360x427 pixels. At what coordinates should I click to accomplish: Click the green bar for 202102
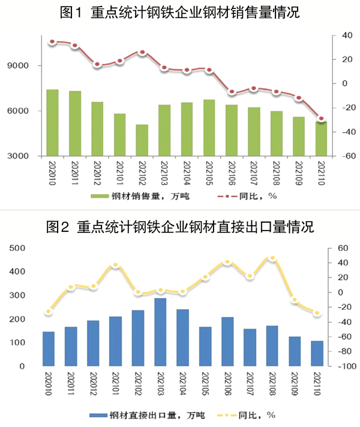point(142,141)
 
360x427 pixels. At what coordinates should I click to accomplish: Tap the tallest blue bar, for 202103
point(160,332)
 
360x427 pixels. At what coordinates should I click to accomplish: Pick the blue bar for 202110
point(317,354)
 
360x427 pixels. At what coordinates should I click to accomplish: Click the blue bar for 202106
point(227,342)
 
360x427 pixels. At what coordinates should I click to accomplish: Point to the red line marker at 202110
point(322,119)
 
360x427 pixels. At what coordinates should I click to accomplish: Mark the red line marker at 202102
point(142,53)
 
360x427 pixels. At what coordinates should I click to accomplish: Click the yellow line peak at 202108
point(272,258)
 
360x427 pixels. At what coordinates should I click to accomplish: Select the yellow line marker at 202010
point(49,312)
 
